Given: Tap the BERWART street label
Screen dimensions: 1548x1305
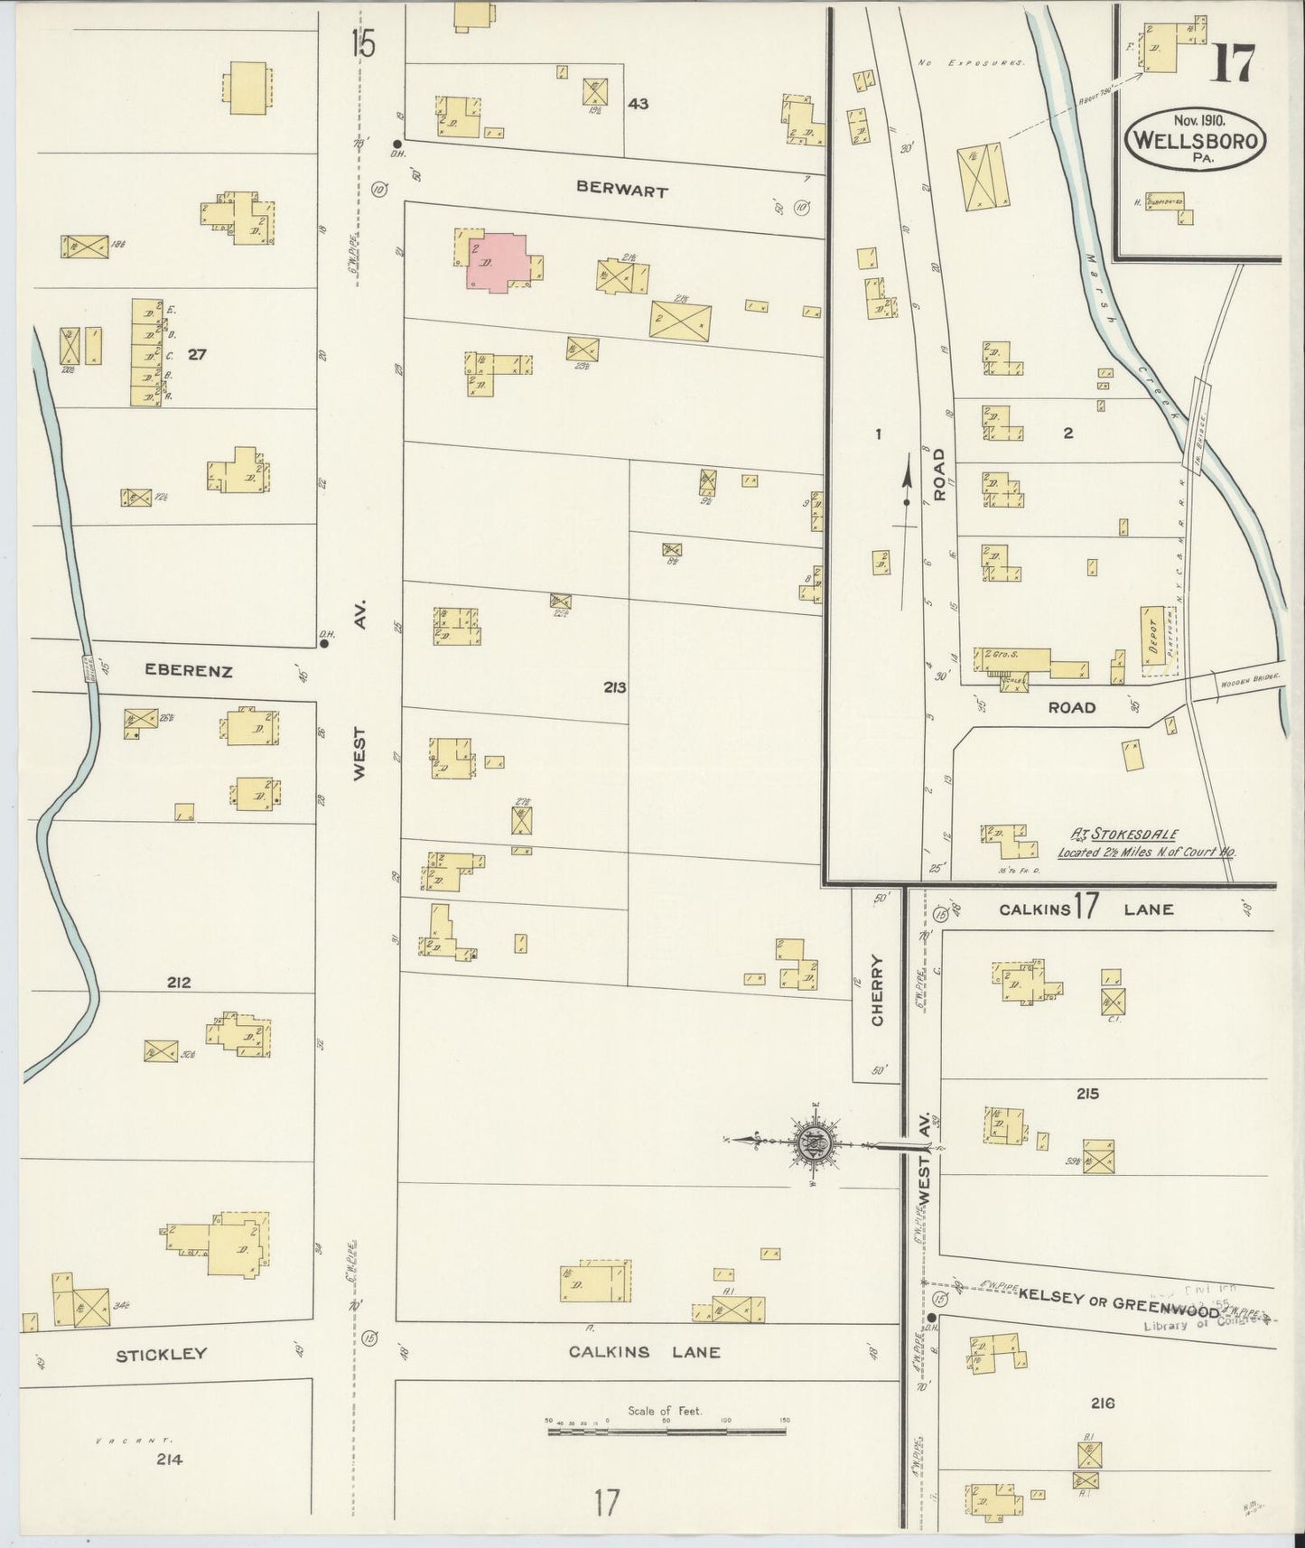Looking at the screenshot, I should [622, 191].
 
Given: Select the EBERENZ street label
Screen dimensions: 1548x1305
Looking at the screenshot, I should [189, 671].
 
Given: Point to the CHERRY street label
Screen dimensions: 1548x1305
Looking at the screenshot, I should [877, 991].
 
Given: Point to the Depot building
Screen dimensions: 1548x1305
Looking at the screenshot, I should [1151, 640].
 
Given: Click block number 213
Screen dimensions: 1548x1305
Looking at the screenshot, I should [615, 687].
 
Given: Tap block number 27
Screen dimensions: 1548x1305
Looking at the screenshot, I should [197, 354].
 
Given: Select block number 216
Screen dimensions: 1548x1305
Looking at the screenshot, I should [1102, 1403].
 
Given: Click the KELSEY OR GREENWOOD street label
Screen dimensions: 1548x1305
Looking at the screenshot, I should [1117, 1298].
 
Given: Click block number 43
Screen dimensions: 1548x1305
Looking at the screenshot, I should [638, 104].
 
